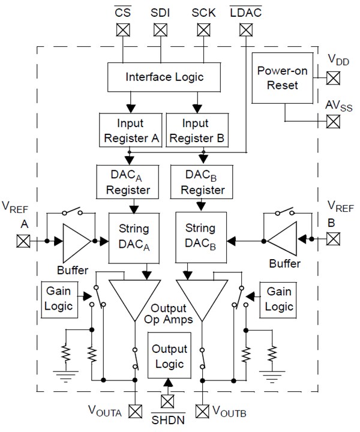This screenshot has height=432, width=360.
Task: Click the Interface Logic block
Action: coord(164,77)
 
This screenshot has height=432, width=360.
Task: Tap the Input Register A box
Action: coord(130,130)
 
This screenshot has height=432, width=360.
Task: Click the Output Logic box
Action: coord(169,356)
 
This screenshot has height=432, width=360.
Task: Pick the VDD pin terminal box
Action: coord(333,77)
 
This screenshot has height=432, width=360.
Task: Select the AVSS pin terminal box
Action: coord(333,121)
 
